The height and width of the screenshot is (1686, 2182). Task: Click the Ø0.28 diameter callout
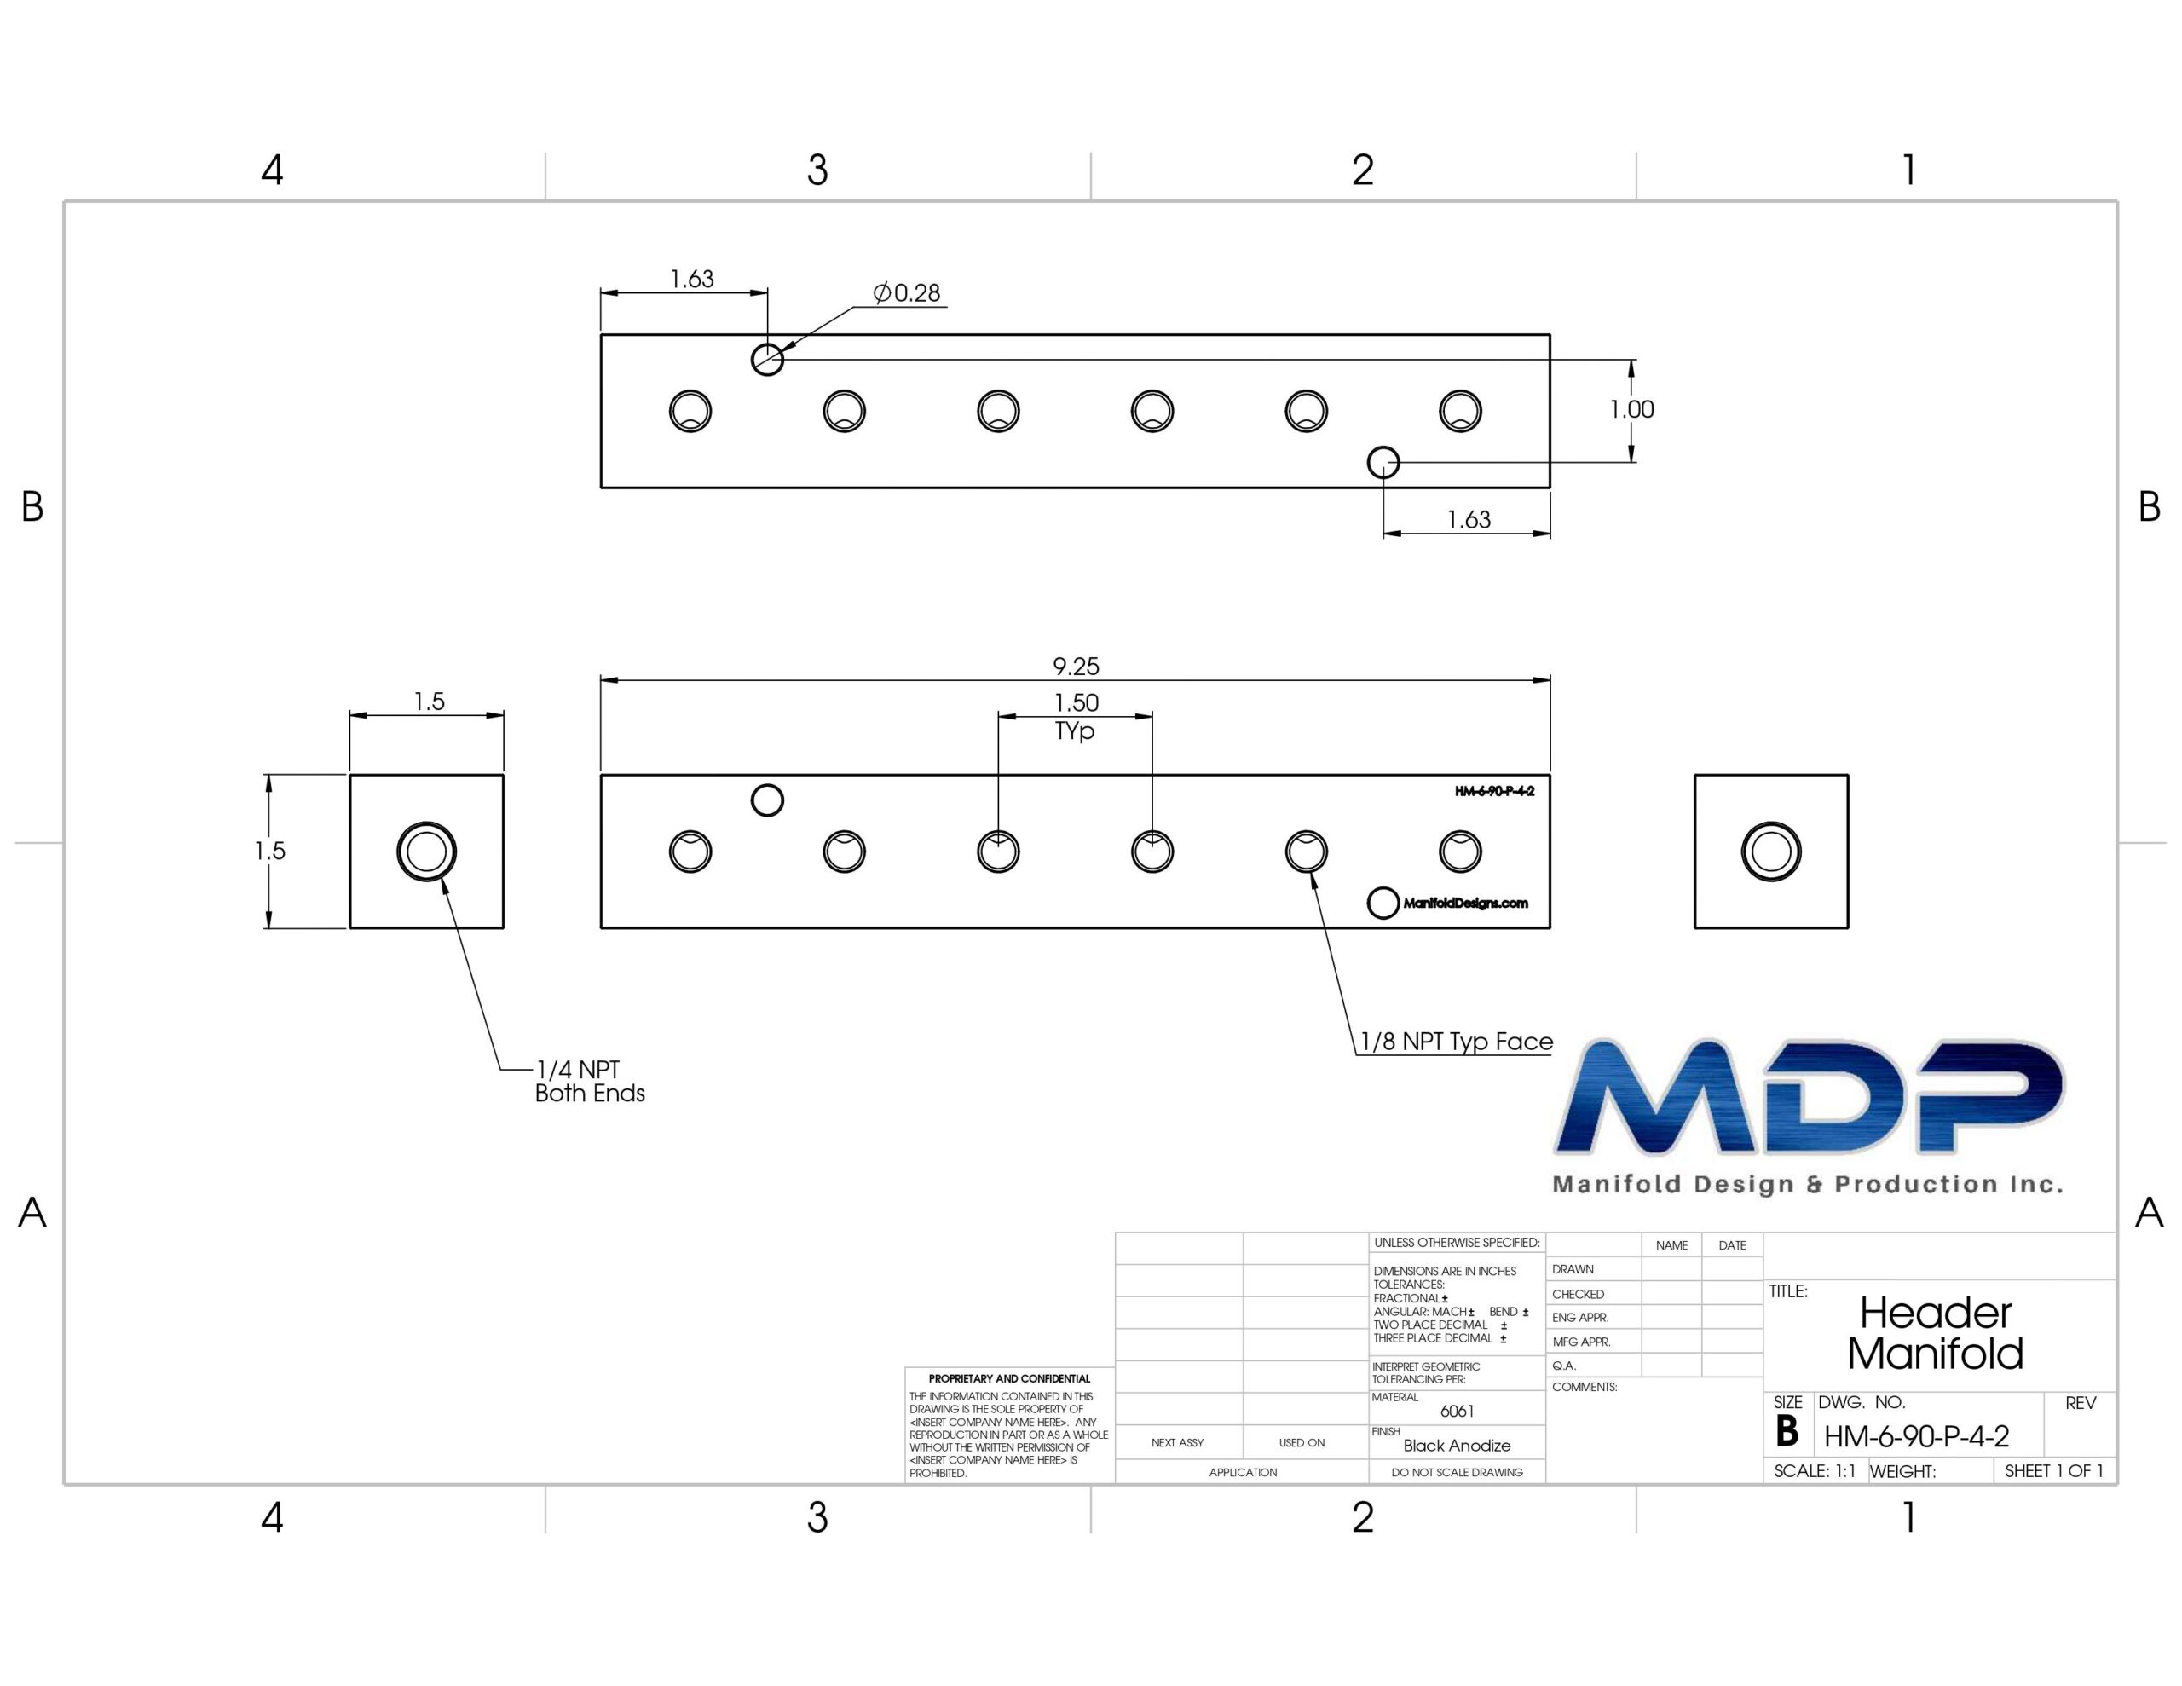pyautogui.click(x=907, y=293)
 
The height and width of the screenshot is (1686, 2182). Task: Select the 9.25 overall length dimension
pyautogui.click(x=1075, y=667)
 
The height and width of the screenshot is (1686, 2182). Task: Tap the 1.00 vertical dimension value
pyautogui.click(x=1631, y=409)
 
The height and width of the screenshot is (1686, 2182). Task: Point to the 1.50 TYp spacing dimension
pyautogui.click(x=1075, y=717)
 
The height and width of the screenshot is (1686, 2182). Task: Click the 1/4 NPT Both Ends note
pyautogui.click(x=590, y=1082)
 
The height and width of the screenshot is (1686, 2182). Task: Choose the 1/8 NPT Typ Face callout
pyautogui.click(x=1457, y=1042)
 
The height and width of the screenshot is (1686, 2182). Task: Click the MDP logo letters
pyautogui.click(x=1809, y=1097)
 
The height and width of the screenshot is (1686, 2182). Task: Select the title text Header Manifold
pyautogui.click(x=1935, y=1333)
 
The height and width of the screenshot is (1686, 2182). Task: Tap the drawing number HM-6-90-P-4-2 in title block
pyautogui.click(x=1916, y=1436)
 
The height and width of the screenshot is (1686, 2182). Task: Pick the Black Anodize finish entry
pyautogui.click(x=1457, y=1445)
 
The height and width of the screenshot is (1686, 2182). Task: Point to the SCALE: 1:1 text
pyautogui.click(x=1815, y=1471)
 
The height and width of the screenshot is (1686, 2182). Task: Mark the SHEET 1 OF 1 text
pyautogui.click(x=2053, y=1471)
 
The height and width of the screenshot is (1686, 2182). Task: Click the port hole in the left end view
pyautogui.click(x=427, y=852)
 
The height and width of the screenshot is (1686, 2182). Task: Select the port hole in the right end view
pyautogui.click(x=1771, y=852)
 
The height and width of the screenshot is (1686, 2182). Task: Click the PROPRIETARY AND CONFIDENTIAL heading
pyautogui.click(x=1009, y=1378)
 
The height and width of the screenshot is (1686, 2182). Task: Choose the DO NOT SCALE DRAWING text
pyautogui.click(x=1457, y=1472)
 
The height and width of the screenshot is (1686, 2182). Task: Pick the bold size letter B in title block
pyautogui.click(x=1787, y=1432)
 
